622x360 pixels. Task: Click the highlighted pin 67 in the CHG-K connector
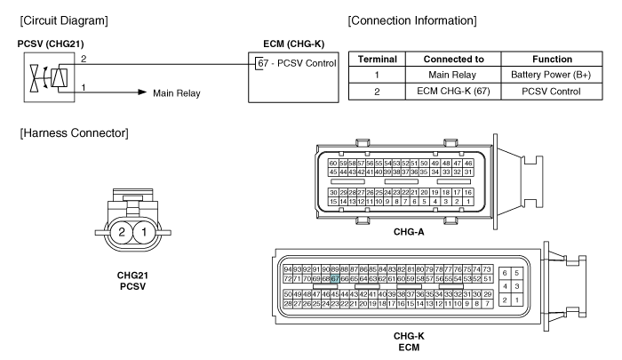point(335,278)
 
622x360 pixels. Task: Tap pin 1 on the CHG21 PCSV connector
point(142,234)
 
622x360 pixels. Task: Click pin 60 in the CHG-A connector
point(333,164)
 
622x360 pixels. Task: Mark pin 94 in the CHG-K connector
point(287,268)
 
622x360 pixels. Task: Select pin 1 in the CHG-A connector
point(468,201)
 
